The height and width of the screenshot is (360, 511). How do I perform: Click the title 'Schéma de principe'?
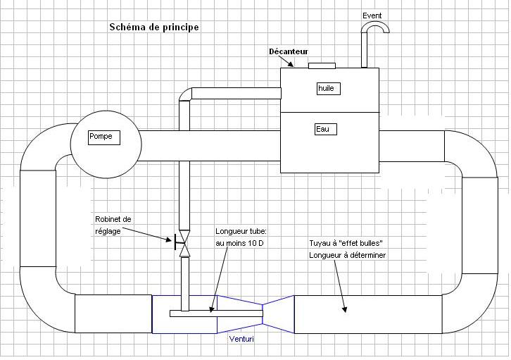(x=153, y=27)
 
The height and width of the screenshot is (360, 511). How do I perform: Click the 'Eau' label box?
(x=325, y=129)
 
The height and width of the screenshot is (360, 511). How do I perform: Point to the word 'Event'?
(x=372, y=15)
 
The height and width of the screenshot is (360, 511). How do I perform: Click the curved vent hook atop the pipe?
(x=374, y=27)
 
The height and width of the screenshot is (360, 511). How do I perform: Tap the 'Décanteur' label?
(x=289, y=52)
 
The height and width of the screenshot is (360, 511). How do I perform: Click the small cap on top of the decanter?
(x=322, y=66)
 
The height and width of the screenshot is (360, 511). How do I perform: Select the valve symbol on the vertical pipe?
(x=184, y=243)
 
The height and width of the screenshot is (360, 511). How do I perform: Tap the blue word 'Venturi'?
(x=241, y=339)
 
